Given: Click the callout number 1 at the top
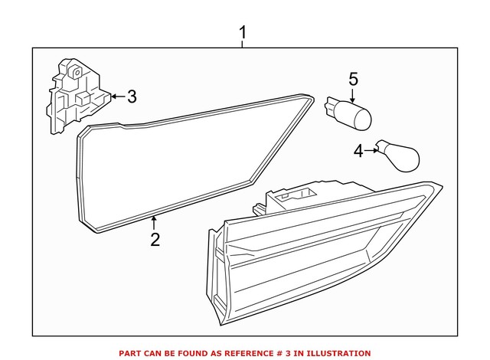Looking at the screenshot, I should [x=243, y=33].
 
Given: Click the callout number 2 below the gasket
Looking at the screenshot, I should [x=155, y=240].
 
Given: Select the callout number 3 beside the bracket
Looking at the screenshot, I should [x=131, y=97].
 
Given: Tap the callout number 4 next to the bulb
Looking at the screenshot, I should [x=358, y=152].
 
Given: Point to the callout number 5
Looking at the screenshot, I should [x=353, y=78].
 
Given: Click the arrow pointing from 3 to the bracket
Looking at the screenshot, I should [x=117, y=97].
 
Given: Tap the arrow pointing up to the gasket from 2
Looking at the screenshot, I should [x=155, y=224].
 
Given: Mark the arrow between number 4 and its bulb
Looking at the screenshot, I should [x=371, y=152].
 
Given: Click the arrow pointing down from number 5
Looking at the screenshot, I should [x=353, y=96].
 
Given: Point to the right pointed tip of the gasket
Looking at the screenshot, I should [x=312, y=99].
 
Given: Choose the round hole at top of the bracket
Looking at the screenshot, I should [x=76, y=70].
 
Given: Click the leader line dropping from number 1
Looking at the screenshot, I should [x=243, y=44].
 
